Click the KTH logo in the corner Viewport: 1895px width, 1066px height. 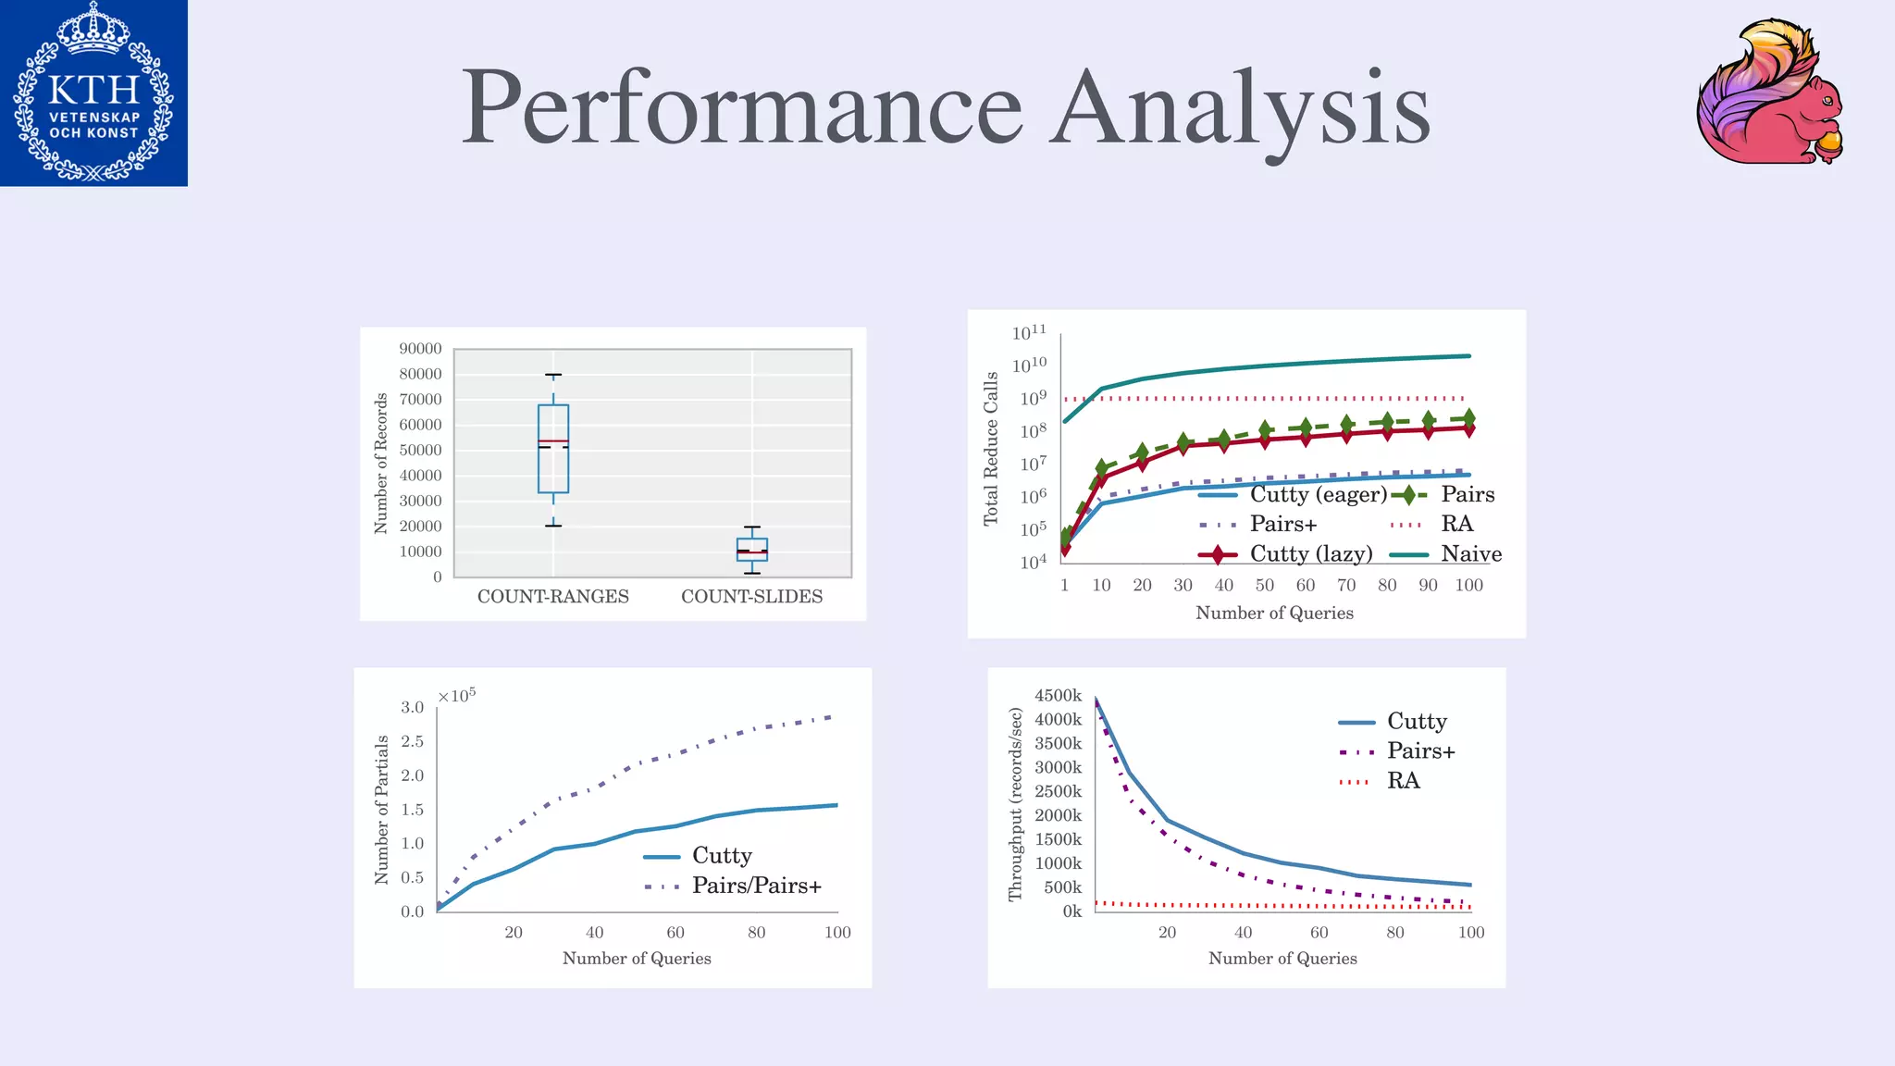(x=93, y=93)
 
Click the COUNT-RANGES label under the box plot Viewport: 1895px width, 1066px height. (x=552, y=597)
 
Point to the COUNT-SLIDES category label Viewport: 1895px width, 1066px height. (x=751, y=597)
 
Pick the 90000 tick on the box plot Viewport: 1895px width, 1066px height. (x=420, y=349)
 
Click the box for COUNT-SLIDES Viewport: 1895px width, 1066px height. (x=751, y=550)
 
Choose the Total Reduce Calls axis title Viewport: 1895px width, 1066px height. (x=991, y=449)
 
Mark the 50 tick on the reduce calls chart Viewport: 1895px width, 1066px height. (x=1264, y=585)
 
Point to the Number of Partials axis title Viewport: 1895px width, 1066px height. (x=381, y=810)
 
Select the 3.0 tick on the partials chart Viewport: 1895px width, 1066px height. (x=412, y=708)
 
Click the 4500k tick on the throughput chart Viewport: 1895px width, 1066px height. (x=1058, y=696)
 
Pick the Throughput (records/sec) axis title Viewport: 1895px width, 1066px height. (x=1015, y=804)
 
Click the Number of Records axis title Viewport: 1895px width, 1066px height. (x=380, y=464)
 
